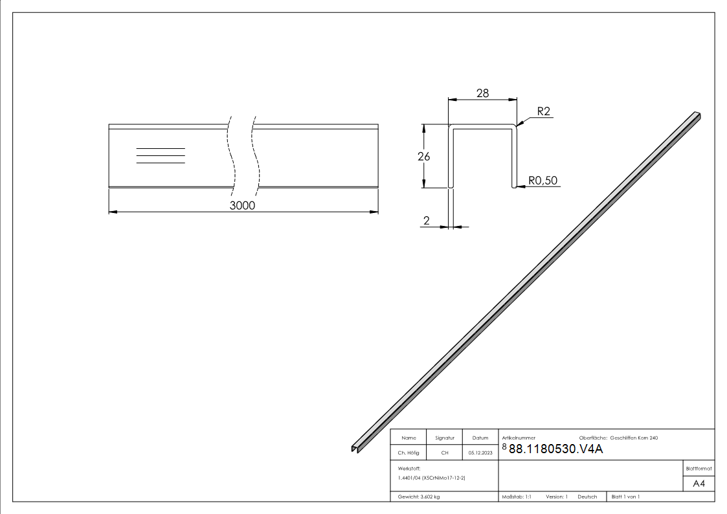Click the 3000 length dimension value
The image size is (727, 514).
[243, 205]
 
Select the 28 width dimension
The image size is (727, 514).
[482, 93]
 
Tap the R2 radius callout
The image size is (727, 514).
[543, 112]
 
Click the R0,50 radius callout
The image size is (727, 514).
[542, 181]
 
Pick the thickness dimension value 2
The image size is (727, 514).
[426, 221]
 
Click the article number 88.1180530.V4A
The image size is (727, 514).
[556, 449]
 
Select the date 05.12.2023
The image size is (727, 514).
[480, 453]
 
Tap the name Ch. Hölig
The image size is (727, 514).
[408, 453]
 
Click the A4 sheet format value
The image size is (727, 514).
[699, 484]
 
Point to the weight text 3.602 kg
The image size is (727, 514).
[419, 497]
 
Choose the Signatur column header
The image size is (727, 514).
[445, 438]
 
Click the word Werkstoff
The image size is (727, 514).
[410, 467]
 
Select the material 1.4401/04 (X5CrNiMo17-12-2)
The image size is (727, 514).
[432, 478]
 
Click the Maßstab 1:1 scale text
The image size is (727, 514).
[517, 497]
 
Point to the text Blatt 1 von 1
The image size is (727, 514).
[625, 497]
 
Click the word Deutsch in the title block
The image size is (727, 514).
[587, 497]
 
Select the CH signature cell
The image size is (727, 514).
[445, 453]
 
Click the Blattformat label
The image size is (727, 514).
[699, 468]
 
